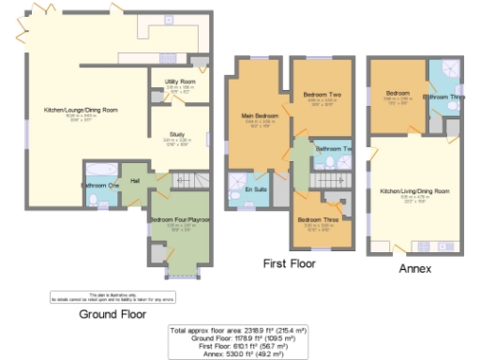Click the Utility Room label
pos(180,82)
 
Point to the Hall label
pos(135,180)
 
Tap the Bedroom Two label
pos(322,96)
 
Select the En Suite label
pos(256,190)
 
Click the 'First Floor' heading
pos(288,263)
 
